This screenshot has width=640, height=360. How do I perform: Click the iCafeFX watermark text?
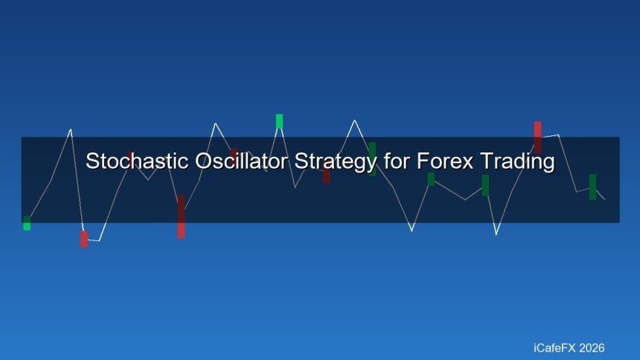tap(554, 347)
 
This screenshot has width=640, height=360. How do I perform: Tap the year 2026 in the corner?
tap(591, 347)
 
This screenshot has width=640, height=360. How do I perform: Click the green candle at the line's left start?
tap(27, 223)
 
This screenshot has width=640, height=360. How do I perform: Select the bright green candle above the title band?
tap(279, 120)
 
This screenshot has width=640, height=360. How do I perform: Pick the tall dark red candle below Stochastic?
tap(181, 216)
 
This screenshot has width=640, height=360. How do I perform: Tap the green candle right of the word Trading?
tap(592, 187)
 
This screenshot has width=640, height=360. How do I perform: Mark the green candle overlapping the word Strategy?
tap(372, 158)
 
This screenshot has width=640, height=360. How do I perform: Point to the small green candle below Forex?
tap(431, 179)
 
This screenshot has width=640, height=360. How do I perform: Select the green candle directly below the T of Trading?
tap(485, 185)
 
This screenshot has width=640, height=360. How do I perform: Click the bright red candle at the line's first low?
tap(84, 239)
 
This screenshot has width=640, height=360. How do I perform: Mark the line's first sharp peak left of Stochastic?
tap(71, 129)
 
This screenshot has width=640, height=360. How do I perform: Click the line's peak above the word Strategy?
tap(354, 120)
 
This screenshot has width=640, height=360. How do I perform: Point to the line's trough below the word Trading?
tap(496, 234)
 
